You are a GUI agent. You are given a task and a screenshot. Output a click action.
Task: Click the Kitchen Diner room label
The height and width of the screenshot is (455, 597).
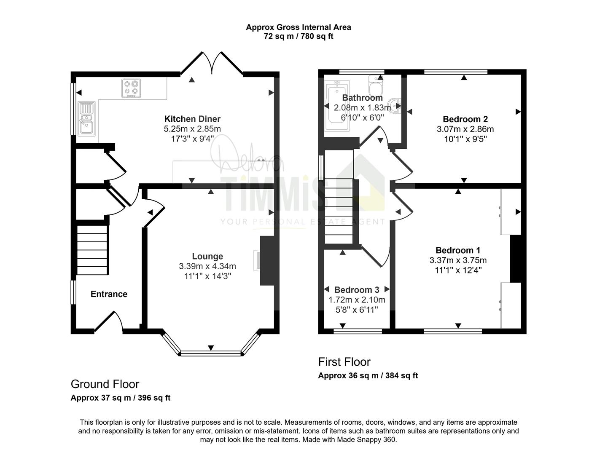(x=192, y=119)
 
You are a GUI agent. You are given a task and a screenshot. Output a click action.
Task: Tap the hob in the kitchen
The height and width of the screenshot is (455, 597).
(x=131, y=88)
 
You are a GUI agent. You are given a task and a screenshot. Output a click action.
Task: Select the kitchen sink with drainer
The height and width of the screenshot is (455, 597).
(x=86, y=119)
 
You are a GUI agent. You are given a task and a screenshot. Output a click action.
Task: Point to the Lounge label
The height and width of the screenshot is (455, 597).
(x=207, y=256)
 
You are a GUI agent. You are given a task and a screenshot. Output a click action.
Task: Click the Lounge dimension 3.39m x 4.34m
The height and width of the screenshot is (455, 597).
(x=207, y=266)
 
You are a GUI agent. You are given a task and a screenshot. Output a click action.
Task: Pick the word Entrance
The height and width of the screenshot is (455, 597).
(x=109, y=294)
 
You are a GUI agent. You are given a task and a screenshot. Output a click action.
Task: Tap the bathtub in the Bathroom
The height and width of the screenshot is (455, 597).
(x=337, y=106)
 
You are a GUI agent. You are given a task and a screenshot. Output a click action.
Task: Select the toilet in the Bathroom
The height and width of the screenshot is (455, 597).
(x=376, y=85)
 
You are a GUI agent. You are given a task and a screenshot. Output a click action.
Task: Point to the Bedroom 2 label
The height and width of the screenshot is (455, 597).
(x=465, y=119)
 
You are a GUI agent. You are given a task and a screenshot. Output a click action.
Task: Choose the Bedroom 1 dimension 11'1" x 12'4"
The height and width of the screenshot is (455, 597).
(x=458, y=270)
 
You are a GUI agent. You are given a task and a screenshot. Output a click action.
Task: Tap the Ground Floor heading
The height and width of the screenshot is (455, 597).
(x=105, y=384)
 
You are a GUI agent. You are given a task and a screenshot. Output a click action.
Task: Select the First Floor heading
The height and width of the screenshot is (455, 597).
(x=344, y=362)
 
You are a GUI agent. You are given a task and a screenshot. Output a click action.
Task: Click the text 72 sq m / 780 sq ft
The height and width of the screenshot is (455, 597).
(x=298, y=36)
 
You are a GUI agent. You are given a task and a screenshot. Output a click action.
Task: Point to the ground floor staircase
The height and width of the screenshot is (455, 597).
(x=92, y=250)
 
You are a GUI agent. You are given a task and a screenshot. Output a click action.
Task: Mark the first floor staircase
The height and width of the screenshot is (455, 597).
(x=339, y=211)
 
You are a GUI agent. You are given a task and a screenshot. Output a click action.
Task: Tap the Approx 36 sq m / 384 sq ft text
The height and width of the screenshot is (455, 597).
(x=368, y=376)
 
